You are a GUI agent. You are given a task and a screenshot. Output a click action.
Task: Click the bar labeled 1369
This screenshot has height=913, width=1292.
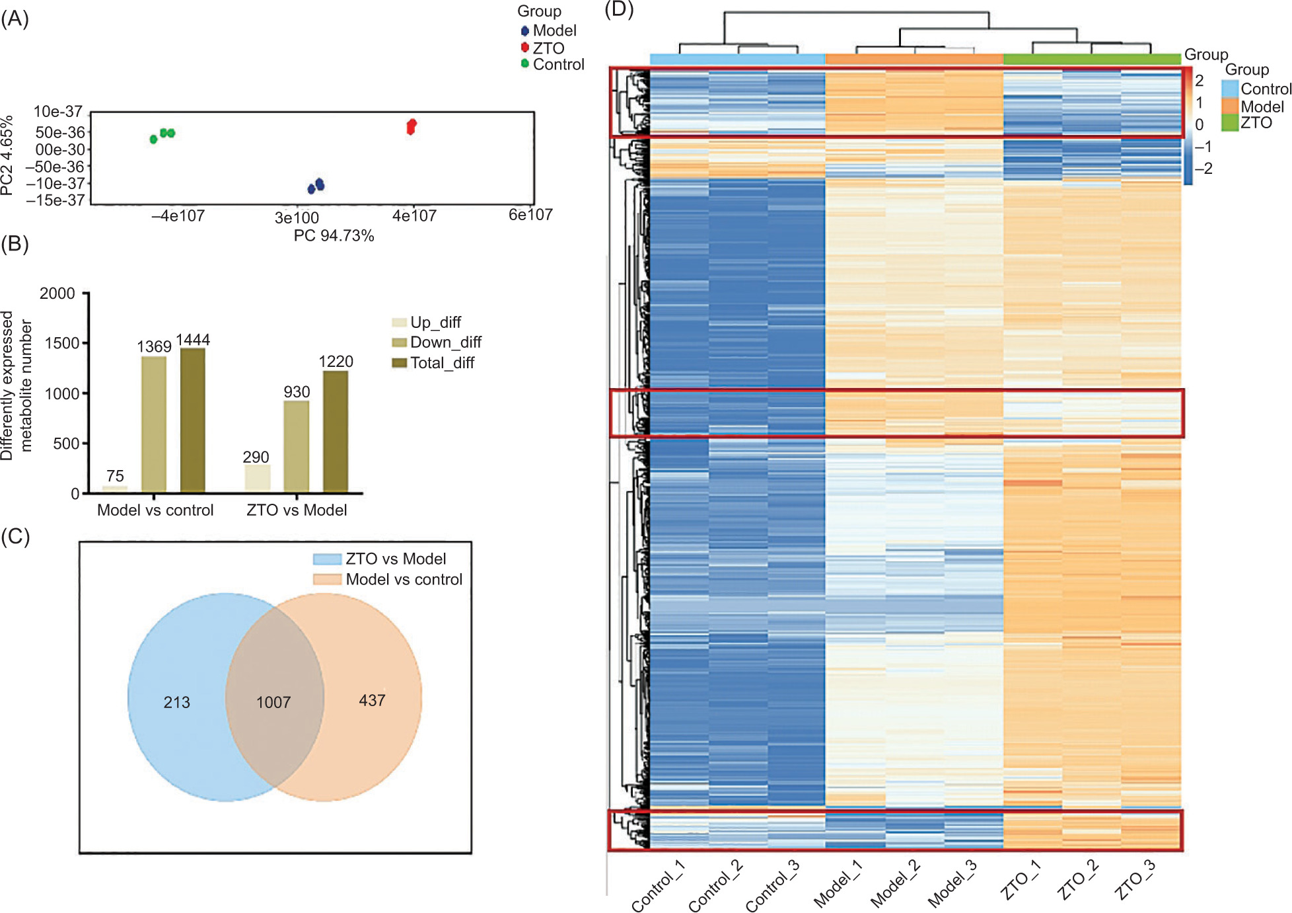click(154, 424)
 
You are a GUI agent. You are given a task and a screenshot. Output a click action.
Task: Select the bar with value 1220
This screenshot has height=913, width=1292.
click(336, 432)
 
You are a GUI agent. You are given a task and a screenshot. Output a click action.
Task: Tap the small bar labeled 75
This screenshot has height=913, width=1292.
click(115, 489)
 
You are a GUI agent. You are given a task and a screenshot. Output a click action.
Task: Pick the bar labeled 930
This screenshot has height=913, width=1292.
click(297, 447)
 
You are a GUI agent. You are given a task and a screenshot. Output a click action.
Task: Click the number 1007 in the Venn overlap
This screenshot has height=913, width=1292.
click(273, 702)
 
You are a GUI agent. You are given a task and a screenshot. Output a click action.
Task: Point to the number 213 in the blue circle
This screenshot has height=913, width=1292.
click(176, 702)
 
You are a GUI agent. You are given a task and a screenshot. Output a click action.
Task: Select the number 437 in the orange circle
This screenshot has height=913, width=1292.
click(372, 700)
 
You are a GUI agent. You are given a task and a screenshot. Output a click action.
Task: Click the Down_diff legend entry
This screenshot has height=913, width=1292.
click(437, 342)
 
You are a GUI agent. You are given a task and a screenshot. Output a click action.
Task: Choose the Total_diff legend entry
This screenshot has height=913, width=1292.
click(433, 363)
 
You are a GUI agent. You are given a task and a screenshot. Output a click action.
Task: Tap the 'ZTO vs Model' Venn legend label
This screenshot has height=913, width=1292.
click(396, 559)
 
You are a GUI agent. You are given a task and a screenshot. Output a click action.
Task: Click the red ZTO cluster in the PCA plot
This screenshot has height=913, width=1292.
click(412, 126)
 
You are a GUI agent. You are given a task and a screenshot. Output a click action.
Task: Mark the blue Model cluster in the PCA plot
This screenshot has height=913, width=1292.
click(316, 186)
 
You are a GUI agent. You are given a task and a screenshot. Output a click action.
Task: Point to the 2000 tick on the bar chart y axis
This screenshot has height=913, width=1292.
click(57, 294)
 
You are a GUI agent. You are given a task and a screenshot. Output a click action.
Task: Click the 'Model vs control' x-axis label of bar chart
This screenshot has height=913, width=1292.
click(155, 510)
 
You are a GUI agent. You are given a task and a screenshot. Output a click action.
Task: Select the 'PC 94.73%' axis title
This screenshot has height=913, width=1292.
click(334, 236)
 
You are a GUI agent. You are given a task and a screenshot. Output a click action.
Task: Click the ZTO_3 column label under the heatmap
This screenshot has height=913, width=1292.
click(1135, 880)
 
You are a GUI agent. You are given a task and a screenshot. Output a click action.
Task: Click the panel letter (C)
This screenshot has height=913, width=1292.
click(15, 536)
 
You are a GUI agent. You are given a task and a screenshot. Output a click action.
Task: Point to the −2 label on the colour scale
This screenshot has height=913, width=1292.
click(1203, 169)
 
